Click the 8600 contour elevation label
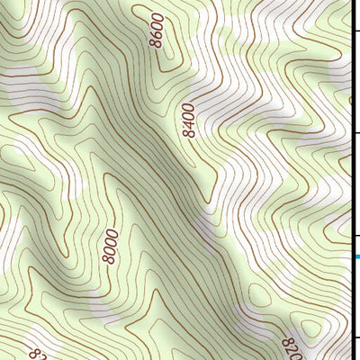158,31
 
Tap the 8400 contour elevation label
187,120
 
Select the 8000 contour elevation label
111,246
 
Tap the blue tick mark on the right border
355,256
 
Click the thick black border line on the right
352,180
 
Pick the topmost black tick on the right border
355,32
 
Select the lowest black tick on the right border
355,338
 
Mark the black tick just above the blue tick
355,237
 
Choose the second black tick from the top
355,133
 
